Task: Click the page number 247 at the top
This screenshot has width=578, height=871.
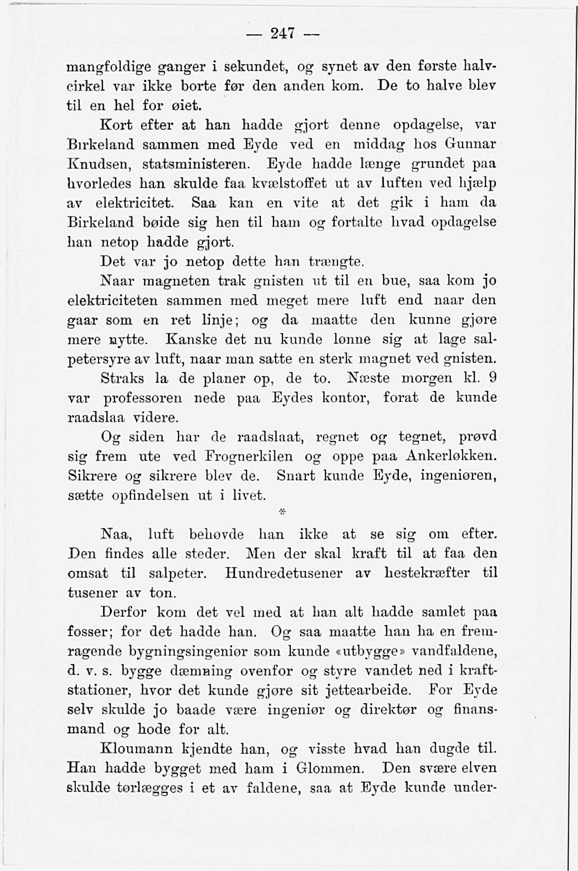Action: point(282,33)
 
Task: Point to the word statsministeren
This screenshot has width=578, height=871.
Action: point(196,164)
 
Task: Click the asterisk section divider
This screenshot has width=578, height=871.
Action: point(283,512)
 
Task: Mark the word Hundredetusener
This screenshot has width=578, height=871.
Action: point(284,573)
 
